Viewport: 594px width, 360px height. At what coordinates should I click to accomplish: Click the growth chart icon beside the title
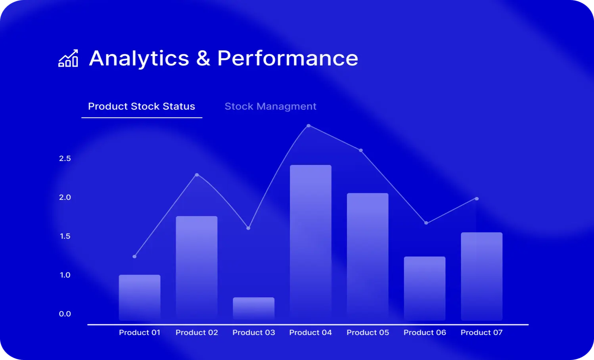[68, 58]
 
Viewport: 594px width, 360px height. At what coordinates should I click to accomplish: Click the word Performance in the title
[288, 58]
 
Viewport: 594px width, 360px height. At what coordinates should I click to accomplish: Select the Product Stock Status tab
[142, 106]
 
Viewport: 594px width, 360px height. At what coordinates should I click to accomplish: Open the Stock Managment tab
[270, 107]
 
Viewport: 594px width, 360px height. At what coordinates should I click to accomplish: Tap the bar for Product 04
[310, 243]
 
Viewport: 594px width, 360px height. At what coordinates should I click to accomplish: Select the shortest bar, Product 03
[253, 309]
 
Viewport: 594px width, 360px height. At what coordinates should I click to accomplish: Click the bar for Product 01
[140, 298]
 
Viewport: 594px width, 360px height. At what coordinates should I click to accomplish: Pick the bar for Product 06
[425, 288]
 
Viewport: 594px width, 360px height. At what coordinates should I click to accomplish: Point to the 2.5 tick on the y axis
[65, 159]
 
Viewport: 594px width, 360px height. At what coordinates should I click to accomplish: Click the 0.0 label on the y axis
[65, 314]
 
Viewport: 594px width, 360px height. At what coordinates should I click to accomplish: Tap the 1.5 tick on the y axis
[65, 236]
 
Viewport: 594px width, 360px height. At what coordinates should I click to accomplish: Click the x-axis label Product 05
[368, 332]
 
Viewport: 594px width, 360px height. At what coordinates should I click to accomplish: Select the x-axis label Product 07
[481, 332]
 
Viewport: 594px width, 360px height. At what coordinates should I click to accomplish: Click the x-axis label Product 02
[197, 332]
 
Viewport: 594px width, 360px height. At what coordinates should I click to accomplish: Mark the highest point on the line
[308, 126]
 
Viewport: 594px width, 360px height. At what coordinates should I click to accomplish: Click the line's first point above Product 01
[134, 257]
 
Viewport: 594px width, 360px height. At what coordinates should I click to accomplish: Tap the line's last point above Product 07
[477, 199]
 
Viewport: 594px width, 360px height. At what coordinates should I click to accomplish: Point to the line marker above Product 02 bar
[197, 175]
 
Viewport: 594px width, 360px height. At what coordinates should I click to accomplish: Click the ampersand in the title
[203, 58]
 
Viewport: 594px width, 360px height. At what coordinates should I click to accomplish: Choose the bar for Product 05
[368, 257]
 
